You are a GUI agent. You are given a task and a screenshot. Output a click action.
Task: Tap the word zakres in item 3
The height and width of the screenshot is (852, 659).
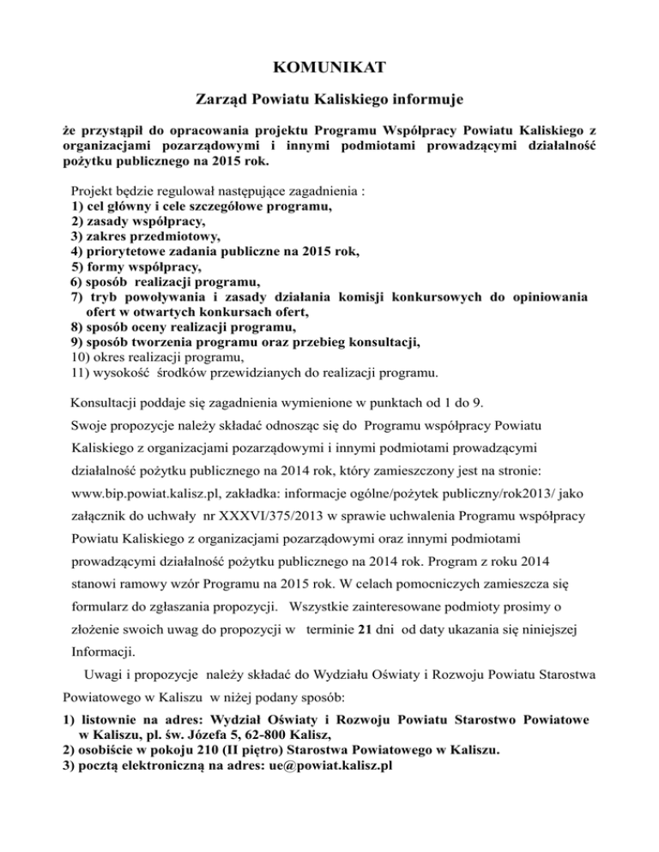coord(109,236)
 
